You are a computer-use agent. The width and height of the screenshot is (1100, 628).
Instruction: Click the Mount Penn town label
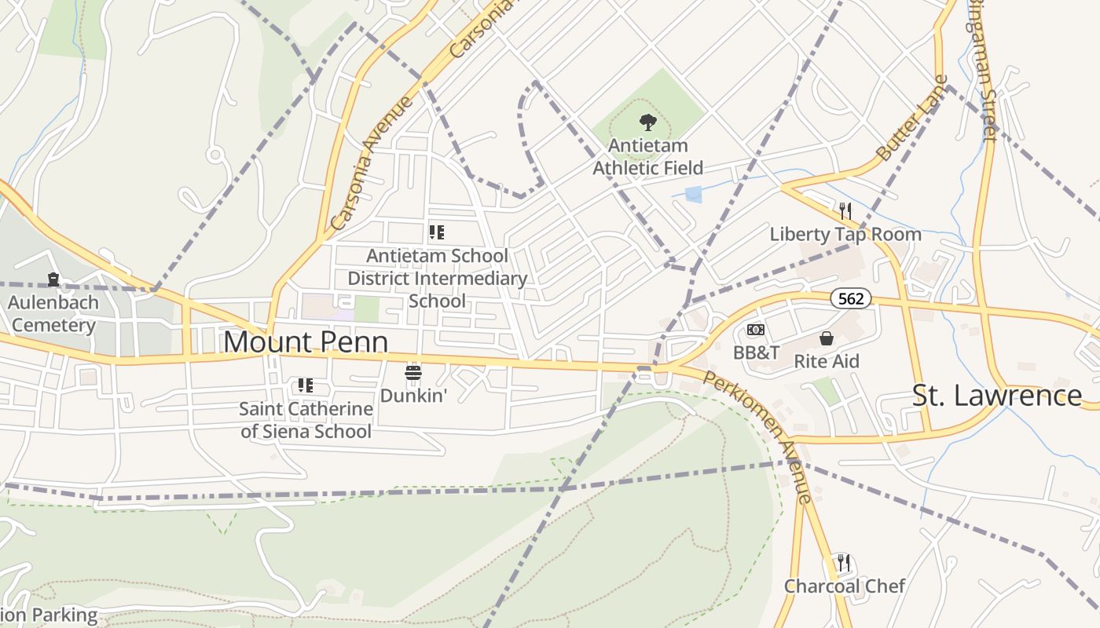(306, 342)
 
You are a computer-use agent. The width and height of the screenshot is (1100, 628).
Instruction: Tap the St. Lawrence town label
(996, 395)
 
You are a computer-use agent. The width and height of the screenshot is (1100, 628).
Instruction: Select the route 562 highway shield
(851, 298)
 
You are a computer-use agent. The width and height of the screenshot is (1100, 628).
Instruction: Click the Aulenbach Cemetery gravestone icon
(53, 279)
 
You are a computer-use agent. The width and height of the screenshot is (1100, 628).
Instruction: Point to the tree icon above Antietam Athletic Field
(647, 122)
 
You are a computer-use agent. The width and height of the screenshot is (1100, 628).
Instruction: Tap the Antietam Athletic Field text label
(647, 157)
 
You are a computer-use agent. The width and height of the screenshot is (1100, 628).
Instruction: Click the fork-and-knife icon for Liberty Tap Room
(845, 210)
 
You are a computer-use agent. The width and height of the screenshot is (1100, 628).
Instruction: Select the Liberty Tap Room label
(845, 234)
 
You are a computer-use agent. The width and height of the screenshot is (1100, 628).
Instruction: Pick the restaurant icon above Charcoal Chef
(844, 562)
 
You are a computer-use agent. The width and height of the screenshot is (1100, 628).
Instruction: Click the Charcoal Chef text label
(845, 586)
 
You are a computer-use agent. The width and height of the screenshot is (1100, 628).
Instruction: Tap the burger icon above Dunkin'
(413, 371)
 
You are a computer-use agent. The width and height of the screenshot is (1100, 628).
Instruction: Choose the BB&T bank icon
(755, 330)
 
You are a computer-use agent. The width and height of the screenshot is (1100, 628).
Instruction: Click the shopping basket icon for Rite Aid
(827, 338)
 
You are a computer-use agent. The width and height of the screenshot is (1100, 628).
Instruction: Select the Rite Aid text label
(827, 361)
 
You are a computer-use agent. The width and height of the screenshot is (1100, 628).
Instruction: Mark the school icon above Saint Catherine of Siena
(306, 385)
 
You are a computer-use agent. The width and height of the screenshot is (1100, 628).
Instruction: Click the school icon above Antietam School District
(437, 232)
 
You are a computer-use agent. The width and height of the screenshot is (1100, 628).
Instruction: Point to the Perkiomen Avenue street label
(757, 436)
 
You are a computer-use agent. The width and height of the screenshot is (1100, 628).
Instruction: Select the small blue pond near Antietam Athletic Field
(693, 195)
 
